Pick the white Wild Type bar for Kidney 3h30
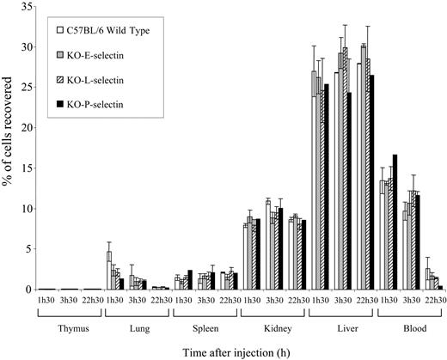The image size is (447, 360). [268, 246]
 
